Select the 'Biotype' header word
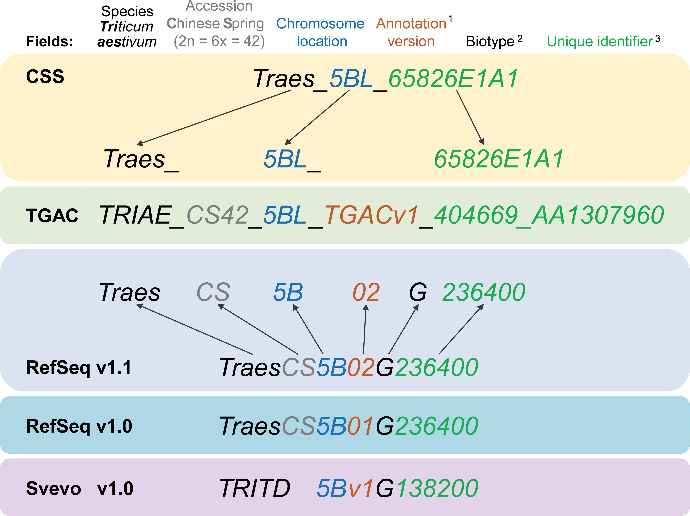[x=490, y=41]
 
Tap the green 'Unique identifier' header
[x=600, y=41]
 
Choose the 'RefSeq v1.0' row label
[x=79, y=426]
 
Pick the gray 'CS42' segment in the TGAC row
[x=217, y=215]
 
